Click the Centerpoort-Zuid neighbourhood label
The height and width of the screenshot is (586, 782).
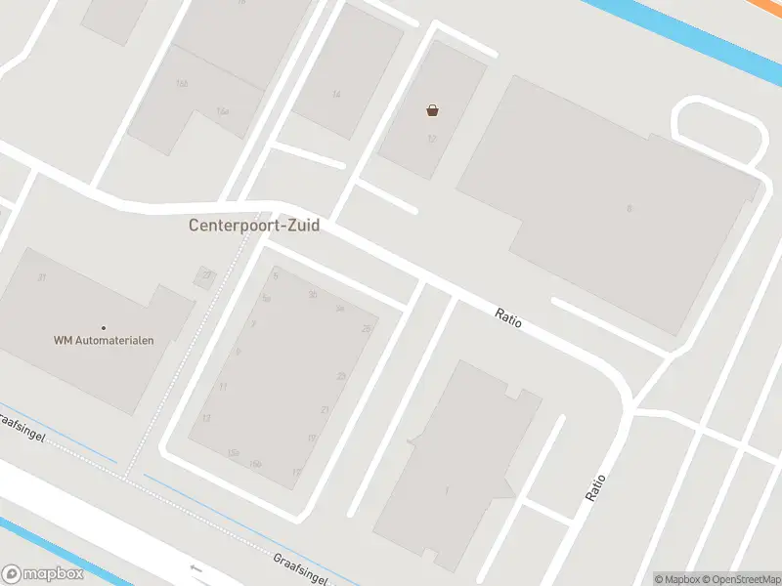(x=254, y=225)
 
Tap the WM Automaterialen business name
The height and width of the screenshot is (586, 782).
(x=104, y=340)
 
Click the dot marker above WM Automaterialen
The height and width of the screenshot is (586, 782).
(x=104, y=327)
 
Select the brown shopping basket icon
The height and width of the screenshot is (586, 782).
(x=432, y=110)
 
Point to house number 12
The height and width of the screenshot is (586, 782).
(x=431, y=139)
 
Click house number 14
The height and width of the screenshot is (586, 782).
(x=336, y=95)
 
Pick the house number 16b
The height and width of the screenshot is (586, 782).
(x=182, y=84)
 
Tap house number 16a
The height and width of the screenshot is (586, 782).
(x=223, y=111)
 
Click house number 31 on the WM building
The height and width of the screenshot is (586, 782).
(x=41, y=278)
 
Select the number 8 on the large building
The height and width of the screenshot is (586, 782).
(x=630, y=208)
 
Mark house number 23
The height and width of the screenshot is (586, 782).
(x=341, y=376)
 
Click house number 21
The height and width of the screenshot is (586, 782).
(x=325, y=409)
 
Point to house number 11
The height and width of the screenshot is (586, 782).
(x=223, y=388)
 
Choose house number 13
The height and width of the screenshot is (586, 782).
(x=205, y=418)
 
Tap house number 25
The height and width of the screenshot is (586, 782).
(x=367, y=329)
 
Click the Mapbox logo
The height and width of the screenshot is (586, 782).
(x=42, y=574)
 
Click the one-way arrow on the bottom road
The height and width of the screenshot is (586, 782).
(x=196, y=568)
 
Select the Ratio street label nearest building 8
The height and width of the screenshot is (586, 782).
(x=508, y=318)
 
